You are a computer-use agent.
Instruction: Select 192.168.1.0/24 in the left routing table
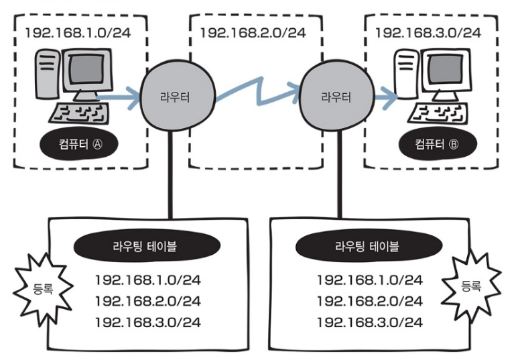coord(147,279)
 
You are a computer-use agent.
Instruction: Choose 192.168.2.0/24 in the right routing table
coord(369,301)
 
